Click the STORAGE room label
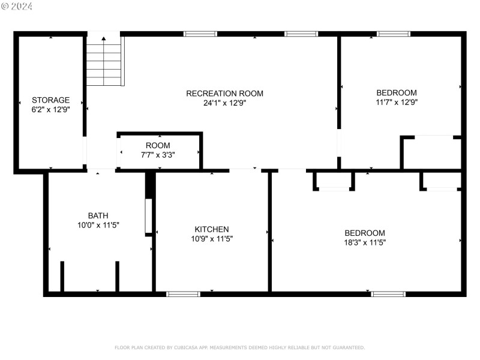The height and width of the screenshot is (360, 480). click(50, 100)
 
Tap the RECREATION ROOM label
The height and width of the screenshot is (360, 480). click(224, 94)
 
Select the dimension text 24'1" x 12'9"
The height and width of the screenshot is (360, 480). click(224, 103)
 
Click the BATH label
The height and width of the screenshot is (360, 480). click(98, 215)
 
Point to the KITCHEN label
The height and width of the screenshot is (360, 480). click(211, 229)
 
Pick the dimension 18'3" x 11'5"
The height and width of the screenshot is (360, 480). click(364, 242)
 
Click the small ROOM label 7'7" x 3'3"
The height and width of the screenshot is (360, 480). click(158, 146)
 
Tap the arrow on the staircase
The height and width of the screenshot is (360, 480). click(104, 40)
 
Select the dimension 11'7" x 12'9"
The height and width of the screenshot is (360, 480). click(396, 102)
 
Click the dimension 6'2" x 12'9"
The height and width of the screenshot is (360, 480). click(50, 110)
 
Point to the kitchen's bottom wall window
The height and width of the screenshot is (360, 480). click(183, 294)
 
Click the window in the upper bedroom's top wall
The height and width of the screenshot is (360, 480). click(394, 34)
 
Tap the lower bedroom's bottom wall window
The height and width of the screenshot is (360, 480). click(388, 294)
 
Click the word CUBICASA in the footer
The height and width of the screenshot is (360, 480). click(190, 347)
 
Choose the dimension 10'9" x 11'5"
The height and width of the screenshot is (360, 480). click(211, 239)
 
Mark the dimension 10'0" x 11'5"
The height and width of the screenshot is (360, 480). click(98, 225)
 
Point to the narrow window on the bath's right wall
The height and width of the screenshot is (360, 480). click(148, 216)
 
